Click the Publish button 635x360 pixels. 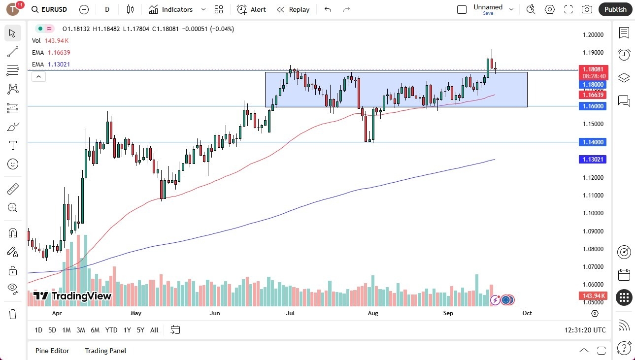[615, 9]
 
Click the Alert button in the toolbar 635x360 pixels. [251, 9]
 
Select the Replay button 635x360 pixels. [293, 9]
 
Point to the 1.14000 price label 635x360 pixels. [594, 142]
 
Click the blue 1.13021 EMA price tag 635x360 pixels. [594, 160]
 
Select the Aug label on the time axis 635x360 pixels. [373, 313]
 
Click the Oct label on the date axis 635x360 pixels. [527, 313]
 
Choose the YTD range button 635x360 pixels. [111, 330]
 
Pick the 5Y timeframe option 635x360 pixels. [140, 330]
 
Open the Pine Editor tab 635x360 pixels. [52, 351]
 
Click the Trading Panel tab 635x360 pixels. [105, 351]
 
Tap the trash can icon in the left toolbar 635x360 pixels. [13, 314]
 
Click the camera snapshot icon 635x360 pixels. [587, 9]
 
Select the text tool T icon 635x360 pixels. [13, 145]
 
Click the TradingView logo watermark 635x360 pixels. [72, 296]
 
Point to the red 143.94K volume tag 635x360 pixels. [593, 296]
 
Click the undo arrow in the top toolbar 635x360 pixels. [328, 9]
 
